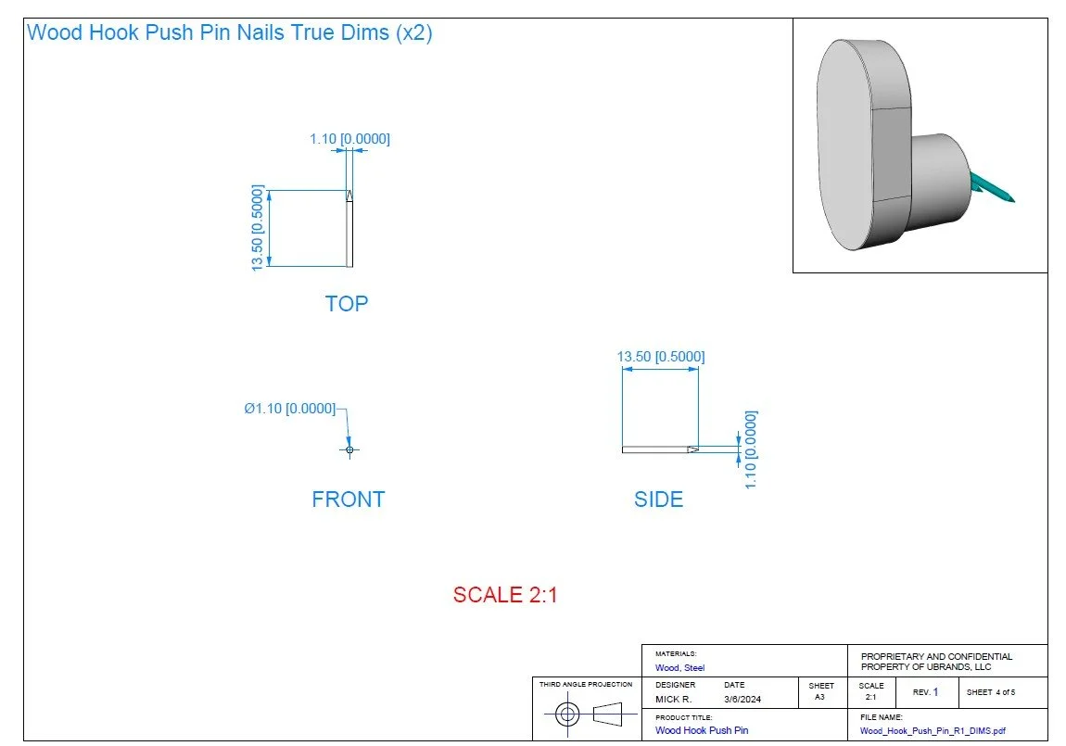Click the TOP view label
point(346,304)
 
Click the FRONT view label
point(348,499)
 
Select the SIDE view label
point(658,499)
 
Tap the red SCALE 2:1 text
point(505,595)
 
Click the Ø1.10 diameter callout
point(290,409)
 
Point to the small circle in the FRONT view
point(349,450)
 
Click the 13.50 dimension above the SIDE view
point(661,357)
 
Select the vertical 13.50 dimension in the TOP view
point(258,228)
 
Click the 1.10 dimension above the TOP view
point(349,139)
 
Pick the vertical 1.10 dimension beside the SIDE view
point(751,449)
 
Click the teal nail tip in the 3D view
point(1007,197)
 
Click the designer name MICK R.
point(673,700)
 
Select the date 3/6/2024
point(742,700)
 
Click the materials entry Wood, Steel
point(679,667)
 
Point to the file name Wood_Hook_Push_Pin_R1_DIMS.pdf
point(932,730)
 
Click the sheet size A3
point(819,697)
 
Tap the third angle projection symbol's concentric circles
point(567,714)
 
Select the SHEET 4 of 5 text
point(991,692)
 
